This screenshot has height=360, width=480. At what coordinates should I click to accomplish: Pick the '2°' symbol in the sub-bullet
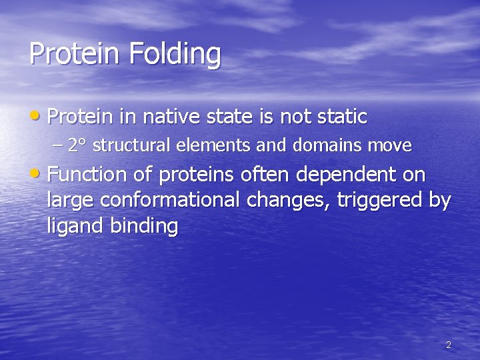click(75, 145)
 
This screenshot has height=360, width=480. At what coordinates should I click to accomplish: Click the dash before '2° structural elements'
click(58, 145)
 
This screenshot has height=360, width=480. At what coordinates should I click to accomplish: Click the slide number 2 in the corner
click(448, 345)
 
